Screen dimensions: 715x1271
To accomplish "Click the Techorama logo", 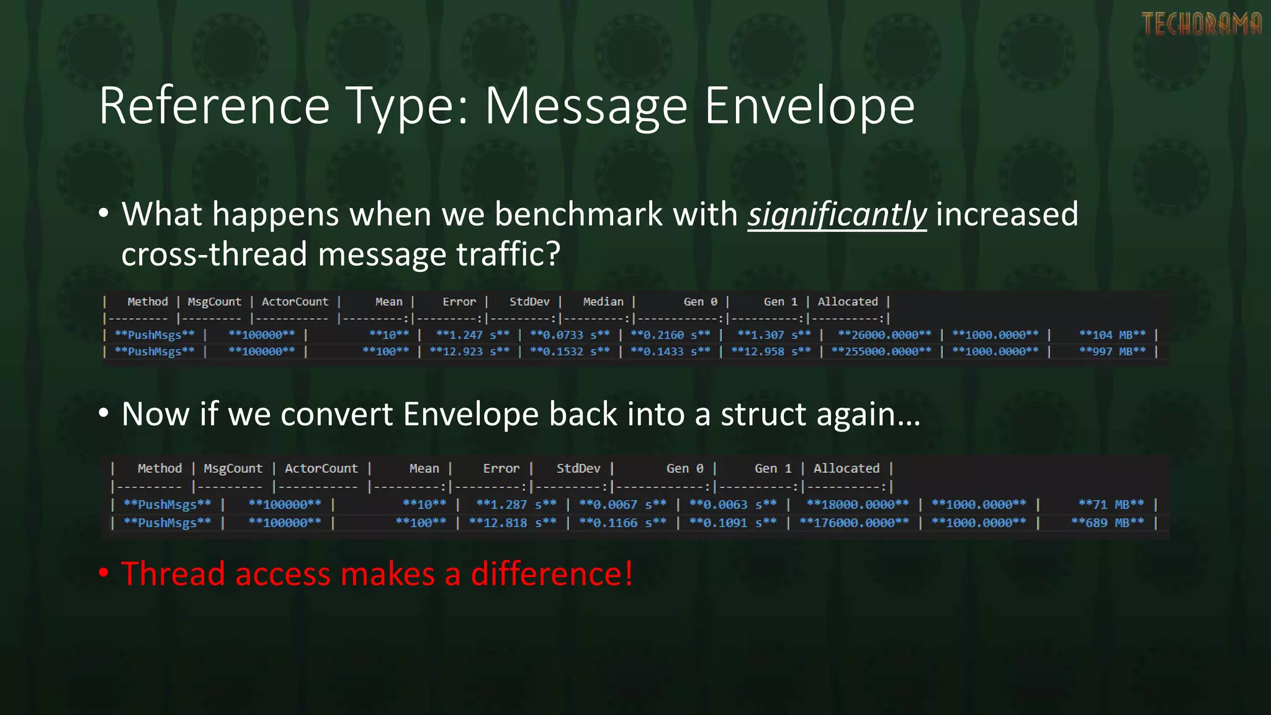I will click(1201, 24).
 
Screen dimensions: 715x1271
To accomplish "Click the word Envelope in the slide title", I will click(809, 106).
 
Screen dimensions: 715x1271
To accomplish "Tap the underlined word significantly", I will click(837, 215).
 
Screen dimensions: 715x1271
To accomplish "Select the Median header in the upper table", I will click(603, 302).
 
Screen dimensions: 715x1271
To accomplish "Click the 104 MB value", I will click(1112, 335).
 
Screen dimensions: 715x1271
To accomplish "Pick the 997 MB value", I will click(1112, 352).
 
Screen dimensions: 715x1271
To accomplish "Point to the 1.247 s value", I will click(472, 335).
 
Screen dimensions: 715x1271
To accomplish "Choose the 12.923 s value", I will click(469, 352).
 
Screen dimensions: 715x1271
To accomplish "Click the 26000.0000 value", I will click(884, 335).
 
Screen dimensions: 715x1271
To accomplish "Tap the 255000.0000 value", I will click(881, 352).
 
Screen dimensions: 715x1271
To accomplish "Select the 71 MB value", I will click(1111, 505).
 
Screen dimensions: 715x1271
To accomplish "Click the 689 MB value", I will click(1107, 523).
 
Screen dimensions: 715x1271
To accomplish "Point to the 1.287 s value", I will click(516, 505).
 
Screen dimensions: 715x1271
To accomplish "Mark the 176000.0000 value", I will click(854, 523).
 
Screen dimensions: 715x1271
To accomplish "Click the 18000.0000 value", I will click(857, 505).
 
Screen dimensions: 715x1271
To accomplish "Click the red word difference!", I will click(552, 573).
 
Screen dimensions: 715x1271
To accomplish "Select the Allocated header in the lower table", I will click(847, 469).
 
